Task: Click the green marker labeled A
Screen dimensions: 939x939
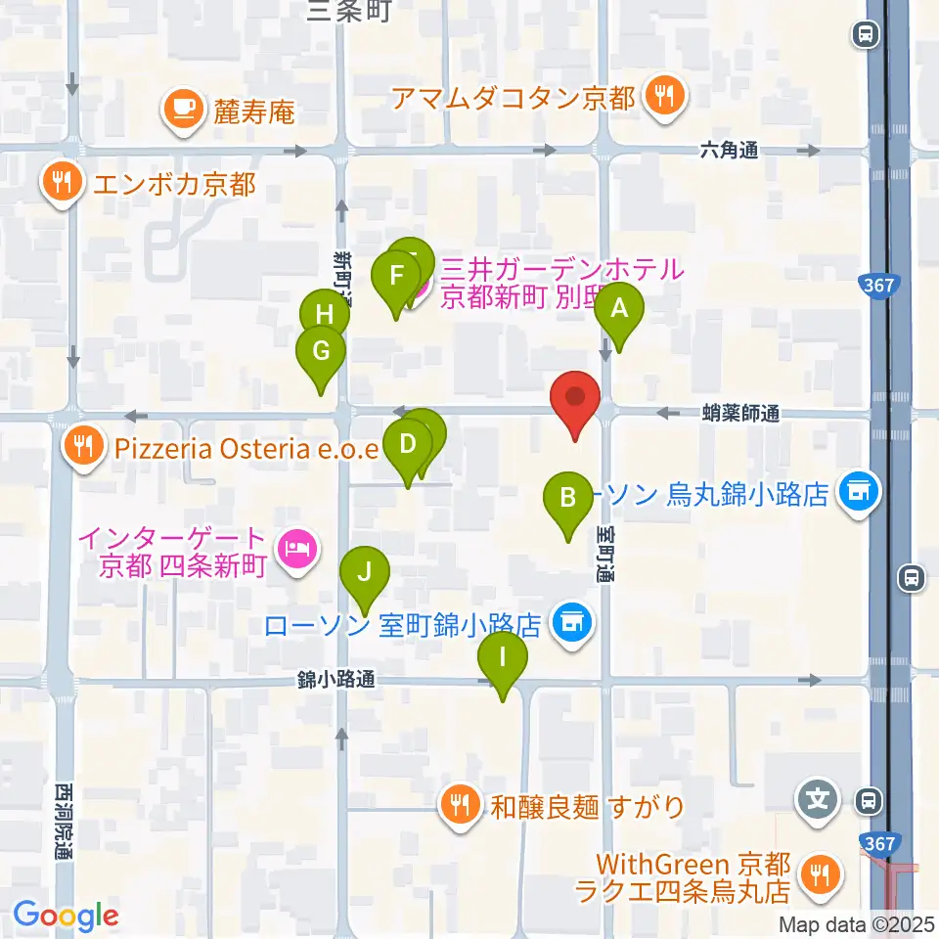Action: [x=618, y=311]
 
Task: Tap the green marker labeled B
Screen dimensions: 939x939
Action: [x=567, y=499]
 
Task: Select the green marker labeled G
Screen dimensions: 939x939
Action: [x=321, y=350]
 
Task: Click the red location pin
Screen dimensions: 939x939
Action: [x=576, y=400]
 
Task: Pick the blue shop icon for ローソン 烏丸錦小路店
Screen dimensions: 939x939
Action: [x=860, y=489]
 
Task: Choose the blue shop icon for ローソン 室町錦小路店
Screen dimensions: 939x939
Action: [x=570, y=622]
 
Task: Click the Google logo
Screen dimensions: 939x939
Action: [x=66, y=916]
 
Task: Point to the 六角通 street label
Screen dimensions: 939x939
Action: [x=729, y=151]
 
